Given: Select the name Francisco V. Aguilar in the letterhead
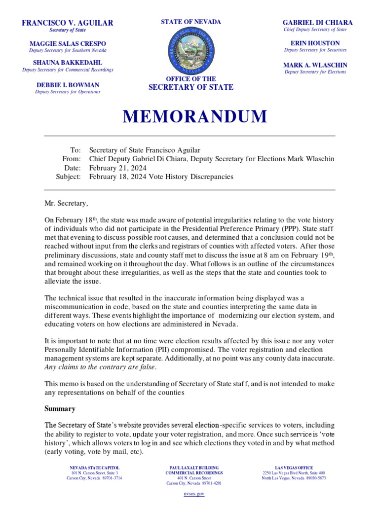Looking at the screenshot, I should pos(68,23).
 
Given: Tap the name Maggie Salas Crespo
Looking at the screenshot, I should pos(68,43).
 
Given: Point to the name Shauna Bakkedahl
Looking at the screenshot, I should pos(68,63).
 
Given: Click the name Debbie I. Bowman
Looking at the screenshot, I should pos(68,85).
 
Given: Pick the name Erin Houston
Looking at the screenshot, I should pos(315,43).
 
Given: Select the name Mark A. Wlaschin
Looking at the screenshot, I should pos(315,65).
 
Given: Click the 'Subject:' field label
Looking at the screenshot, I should pos(68,177).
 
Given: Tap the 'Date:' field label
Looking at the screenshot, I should pos(72,168).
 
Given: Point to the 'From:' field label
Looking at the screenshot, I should pos(71,159).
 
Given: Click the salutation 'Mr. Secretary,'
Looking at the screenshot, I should pos(67,203).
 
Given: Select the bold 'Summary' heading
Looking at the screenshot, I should pos(60,409).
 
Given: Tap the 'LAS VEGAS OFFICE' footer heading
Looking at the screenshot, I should pos(294,468).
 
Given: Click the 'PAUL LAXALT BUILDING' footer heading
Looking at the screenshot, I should pos(194,468).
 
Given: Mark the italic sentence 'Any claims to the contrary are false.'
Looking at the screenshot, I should pos(100,367).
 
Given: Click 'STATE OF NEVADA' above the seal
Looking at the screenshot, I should pos(190,22).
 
